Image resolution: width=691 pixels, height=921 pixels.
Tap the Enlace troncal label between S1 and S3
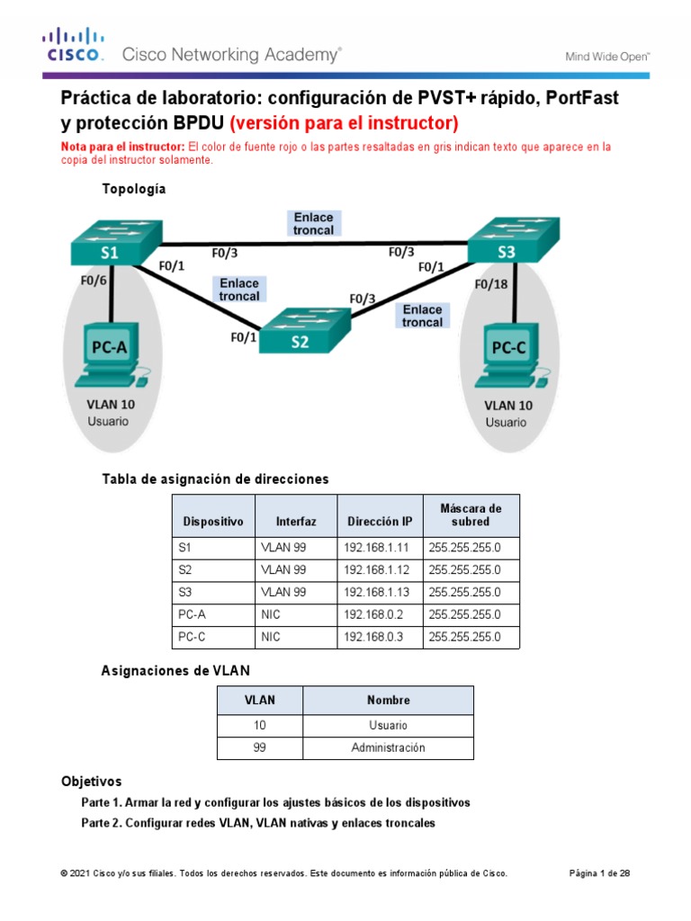coord(312,223)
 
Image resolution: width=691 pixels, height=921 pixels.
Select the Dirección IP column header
coord(379,521)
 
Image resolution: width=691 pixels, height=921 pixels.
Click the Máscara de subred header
coord(471,514)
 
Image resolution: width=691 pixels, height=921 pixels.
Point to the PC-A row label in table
coord(193,615)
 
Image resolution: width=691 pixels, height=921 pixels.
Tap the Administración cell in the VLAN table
coord(388,747)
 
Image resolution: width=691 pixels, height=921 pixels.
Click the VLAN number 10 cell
coord(260,725)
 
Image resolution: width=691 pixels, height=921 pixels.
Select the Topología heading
coord(136,189)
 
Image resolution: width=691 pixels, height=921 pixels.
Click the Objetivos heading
coord(91,781)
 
